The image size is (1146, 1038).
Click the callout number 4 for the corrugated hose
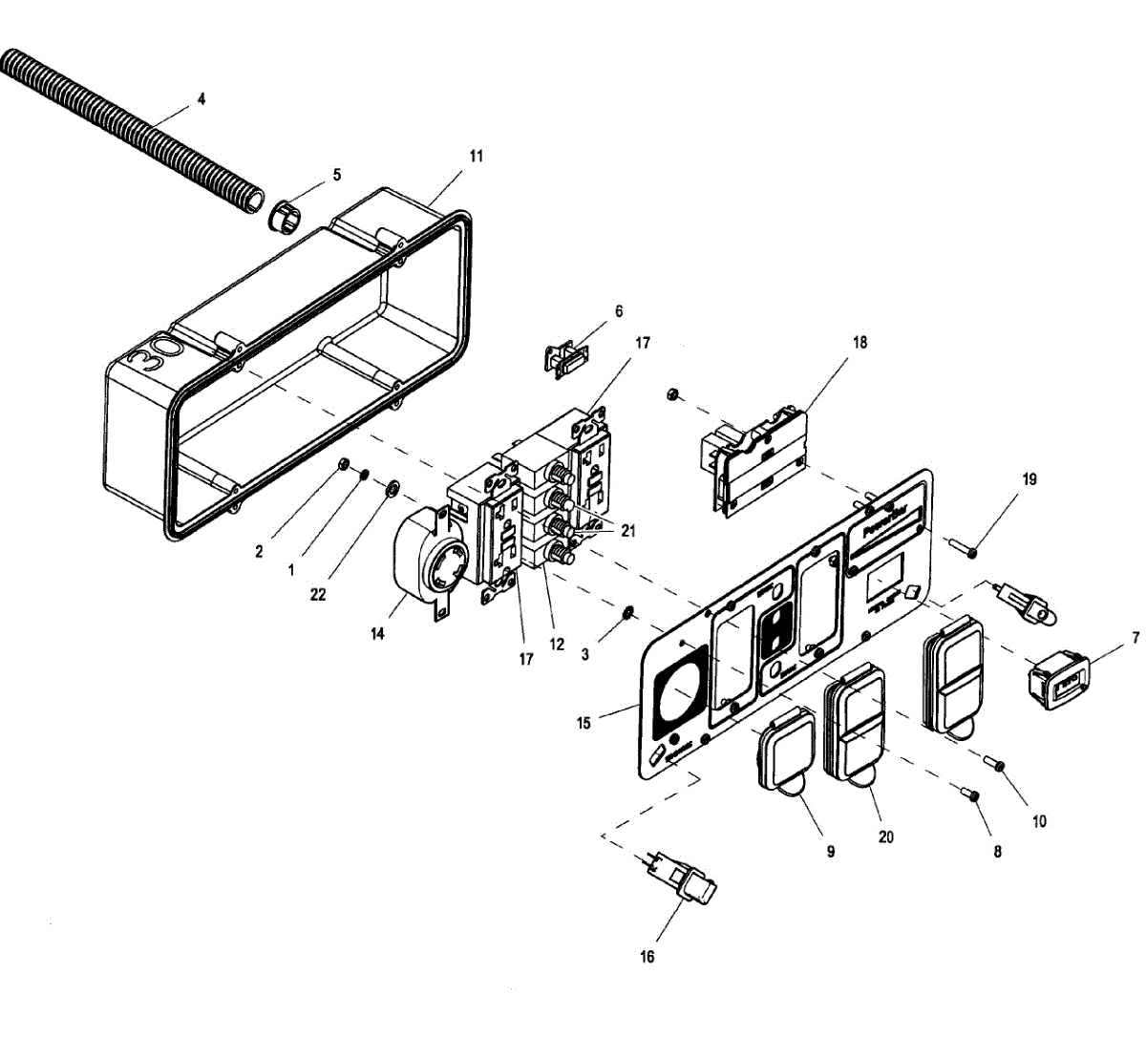(x=201, y=98)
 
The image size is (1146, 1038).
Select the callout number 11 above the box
(x=477, y=156)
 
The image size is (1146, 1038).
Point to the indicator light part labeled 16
(x=681, y=880)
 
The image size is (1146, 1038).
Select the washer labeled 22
(x=392, y=490)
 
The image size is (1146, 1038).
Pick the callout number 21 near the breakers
(x=627, y=532)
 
